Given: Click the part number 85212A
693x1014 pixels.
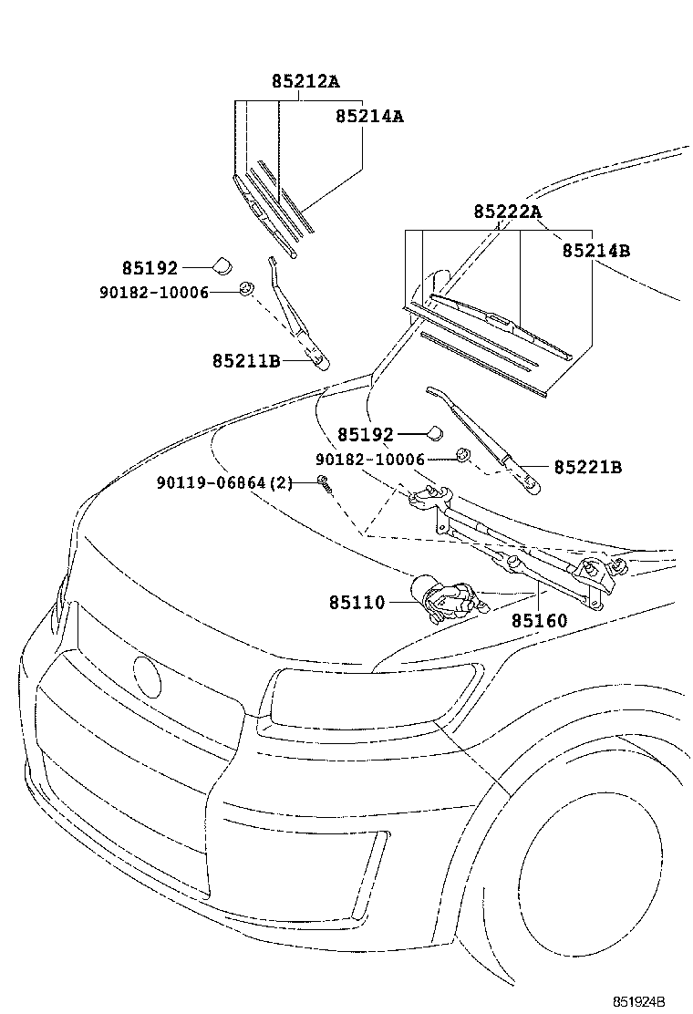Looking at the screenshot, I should point(305,81).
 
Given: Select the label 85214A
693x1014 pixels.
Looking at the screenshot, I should point(369,117).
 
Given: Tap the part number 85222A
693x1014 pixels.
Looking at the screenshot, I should point(507,212).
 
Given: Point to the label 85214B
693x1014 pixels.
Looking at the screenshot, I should point(595,250).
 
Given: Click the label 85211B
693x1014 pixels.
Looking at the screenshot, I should point(246,360).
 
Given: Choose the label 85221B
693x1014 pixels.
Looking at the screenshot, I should point(588,467).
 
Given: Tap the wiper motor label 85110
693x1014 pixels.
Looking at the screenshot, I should point(357,603).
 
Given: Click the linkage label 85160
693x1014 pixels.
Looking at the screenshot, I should point(538,621).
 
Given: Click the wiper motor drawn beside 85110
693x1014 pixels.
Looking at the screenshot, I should point(441,598).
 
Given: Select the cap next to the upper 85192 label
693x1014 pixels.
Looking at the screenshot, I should point(222,266).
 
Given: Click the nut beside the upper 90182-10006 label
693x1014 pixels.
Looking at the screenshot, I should point(245,290).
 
